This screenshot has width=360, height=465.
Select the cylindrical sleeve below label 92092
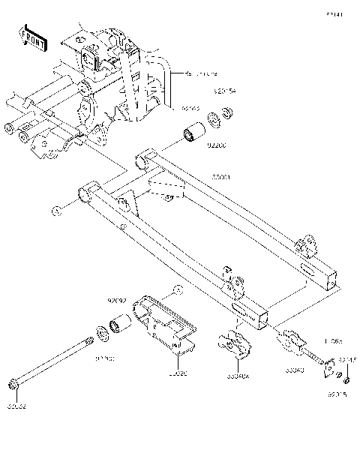[x=121, y=325]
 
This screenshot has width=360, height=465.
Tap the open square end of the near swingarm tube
[x=262, y=321]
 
